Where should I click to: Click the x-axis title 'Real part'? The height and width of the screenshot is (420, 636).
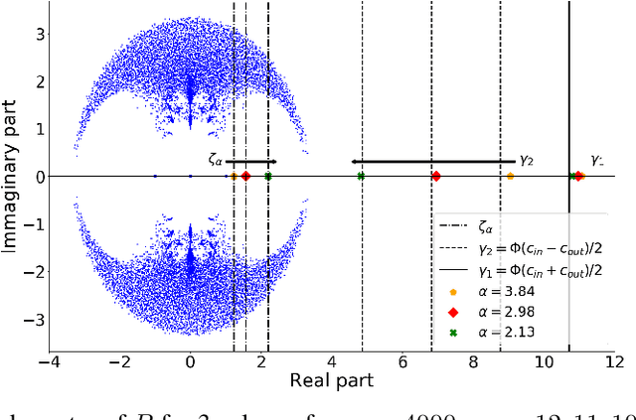coord(331,380)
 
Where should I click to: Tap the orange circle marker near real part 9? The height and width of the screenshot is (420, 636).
coord(510,176)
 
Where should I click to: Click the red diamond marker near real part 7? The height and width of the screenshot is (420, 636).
coord(435,176)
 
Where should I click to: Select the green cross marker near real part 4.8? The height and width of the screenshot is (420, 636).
coord(361,176)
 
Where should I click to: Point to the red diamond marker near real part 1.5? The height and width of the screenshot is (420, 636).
coord(245,176)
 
